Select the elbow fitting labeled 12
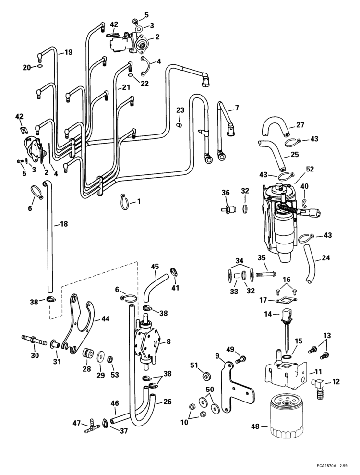pos(318,386)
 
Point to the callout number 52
pos(310,169)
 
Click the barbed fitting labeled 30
pos(34,341)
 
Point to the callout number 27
pos(300,125)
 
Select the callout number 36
pos(226,192)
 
